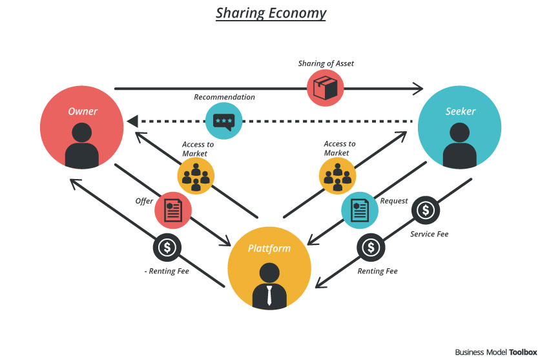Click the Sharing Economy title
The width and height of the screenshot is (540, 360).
coord(271,14)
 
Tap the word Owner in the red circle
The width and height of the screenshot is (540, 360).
coord(83,111)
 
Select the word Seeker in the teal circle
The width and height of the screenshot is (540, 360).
coord(461,111)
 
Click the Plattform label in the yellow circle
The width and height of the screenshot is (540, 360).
coord(269,248)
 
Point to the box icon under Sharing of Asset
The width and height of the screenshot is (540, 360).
coord(325,88)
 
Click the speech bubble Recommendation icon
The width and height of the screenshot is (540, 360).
coord(224,122)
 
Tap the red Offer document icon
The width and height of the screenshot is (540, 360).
coord(173,210)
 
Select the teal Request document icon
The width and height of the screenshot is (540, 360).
coord(360,210)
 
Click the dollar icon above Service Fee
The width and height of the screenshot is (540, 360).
coord(426,210)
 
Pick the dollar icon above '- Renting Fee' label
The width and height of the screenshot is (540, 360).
coord(167,248)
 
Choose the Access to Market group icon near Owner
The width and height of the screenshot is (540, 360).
coord(196,176)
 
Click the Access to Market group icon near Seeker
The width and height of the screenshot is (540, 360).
coord(337,176)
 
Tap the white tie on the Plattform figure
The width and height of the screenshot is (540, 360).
coord(269,295)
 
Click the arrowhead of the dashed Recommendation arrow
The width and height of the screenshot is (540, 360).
coord(132,122)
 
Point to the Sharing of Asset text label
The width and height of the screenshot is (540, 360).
coord(326,63)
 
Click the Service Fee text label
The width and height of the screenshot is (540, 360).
coord(429,234)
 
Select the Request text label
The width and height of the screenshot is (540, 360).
coord(394,201)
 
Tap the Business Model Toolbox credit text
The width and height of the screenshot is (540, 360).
coord(496,352)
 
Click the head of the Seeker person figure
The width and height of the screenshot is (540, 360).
coord(460,132)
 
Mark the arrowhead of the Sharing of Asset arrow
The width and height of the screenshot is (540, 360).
coord(418,89)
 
